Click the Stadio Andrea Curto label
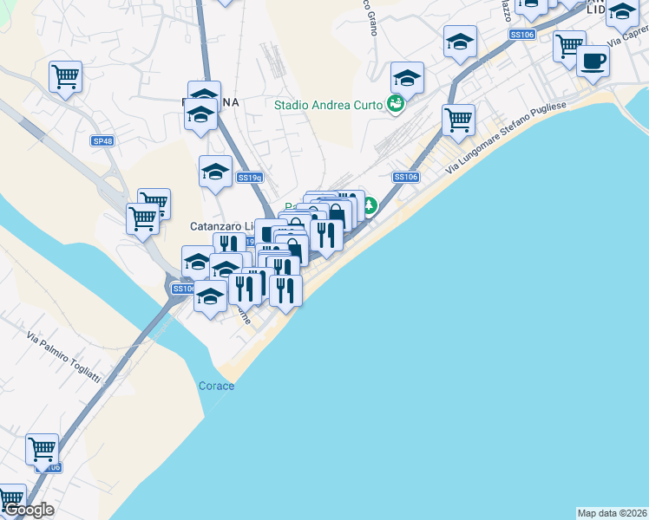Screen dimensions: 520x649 pyautogui.click(x=330, y=105)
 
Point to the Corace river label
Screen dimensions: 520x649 pyautogui.click(x=216, y=386)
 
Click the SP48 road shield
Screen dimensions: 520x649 pyautogui.click(x=102, y=140)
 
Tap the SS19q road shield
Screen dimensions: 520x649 pyautogui.click(x=251, y=178)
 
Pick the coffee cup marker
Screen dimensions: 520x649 pyautogui.click(x=593, y=61)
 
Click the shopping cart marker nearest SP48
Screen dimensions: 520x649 pyautogui.click(x=65, y=75)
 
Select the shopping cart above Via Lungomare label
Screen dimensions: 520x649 pyautogui.click(x=458, y=119)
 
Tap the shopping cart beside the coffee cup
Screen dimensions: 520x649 pyautogui.click(x=569, y=45)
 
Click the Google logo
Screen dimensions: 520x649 pyautogui.click(x=29, y=510)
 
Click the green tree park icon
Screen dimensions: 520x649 pyautogui.click(x=370, y=206)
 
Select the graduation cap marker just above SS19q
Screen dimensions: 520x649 pyautogui.click(x=215, y=170)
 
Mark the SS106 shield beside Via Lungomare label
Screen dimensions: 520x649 pyautogui.click(x=406, y=177)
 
